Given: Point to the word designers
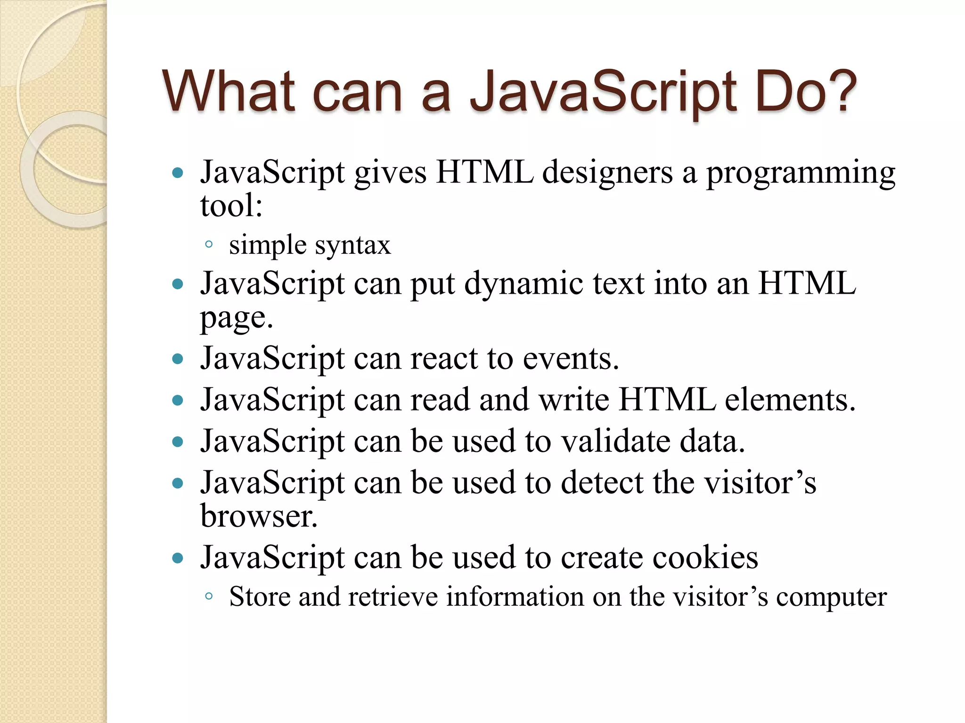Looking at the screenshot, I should [607, 173].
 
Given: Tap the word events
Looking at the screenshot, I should [571, 359].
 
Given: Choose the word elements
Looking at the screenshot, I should [790, 400].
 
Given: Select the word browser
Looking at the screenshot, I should [259, 516].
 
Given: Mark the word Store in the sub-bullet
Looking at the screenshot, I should [260, 597].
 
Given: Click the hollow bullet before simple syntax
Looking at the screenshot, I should [209, 244].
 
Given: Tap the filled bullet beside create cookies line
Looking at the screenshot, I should [178, 559].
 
